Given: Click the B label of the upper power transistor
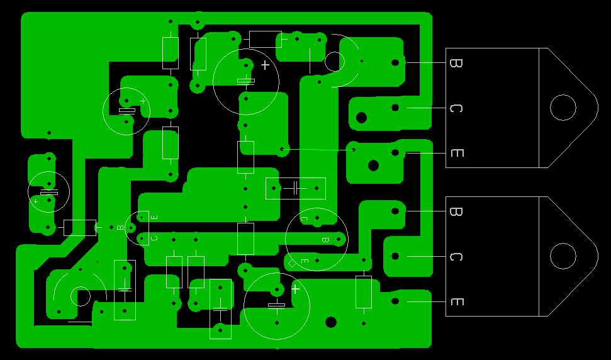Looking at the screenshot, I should [456, 63].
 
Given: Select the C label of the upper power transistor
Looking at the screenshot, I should [456, 108].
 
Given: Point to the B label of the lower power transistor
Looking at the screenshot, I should [456, 211].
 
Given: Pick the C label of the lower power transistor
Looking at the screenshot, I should [456, 257].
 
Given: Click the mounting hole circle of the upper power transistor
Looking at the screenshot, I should [563, 108].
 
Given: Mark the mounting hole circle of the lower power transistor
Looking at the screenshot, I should [563, 256].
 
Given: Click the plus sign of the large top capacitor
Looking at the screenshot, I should [265, 65].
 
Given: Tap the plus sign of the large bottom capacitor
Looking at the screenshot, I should [295, 289].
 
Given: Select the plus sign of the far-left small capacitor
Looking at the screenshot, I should [36, 201].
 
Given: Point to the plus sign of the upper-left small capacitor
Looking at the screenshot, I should [143, 101].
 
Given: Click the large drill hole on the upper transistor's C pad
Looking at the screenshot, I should [362, 117].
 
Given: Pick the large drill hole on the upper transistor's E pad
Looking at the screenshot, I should [373, 166].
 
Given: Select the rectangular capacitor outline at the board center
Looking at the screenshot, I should [295, 188].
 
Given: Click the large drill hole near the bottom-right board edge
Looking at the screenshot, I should [331, 322].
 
